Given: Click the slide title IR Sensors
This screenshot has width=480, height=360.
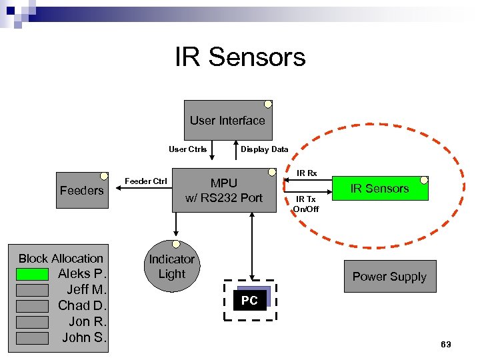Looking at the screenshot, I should [x=240, y=57].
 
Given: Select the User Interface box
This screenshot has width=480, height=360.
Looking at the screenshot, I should [x=227, y=121].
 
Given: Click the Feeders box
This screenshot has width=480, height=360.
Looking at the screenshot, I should [x=81, y=191].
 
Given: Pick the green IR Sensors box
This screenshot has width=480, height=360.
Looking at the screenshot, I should [x=379, y=189].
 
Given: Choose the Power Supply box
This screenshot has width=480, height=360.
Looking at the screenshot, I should [x=389, y=277].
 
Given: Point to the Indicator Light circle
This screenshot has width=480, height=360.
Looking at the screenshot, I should [x=171, y=267].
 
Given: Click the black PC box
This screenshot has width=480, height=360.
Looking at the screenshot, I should [x=249, y=301].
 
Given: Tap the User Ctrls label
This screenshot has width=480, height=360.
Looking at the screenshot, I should [x=187, y=149].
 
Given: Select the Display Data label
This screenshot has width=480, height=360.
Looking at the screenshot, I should [x=264, y=149].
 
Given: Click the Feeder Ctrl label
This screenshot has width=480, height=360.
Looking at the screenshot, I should [x=146, y=181].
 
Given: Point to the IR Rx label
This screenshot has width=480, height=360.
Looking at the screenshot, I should [x=307, y=173].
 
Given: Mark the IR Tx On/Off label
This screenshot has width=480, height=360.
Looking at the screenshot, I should [x=306, y=204].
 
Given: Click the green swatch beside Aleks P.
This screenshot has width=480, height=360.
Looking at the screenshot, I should [x=32, y=274].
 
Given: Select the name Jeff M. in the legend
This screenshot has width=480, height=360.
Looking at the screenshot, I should [x=87, y=289].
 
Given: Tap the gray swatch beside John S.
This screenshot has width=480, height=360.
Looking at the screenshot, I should [x=32, y=338].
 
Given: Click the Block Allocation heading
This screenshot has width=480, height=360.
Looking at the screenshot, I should [x=61, y=258].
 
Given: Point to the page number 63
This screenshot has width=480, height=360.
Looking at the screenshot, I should [x=445, y=344].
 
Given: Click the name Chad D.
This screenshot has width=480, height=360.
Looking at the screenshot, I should [x=83, y=305].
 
